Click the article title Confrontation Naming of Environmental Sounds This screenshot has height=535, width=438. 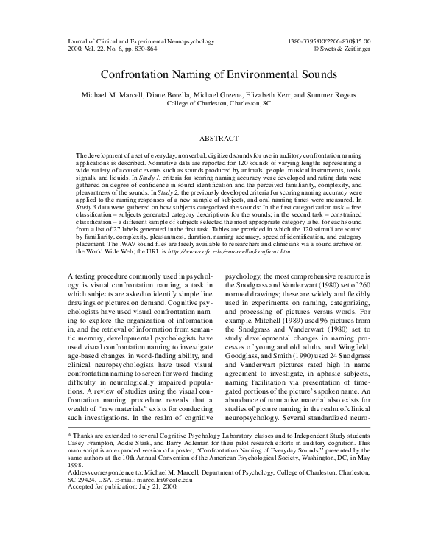coord(219,74)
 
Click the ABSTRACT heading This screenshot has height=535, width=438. coord(219,138)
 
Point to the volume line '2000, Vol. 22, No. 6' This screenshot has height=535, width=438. coord(99,50)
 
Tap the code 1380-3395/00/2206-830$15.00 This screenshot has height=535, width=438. coord(330,42)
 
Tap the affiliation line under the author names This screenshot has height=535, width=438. coord(219,104)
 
